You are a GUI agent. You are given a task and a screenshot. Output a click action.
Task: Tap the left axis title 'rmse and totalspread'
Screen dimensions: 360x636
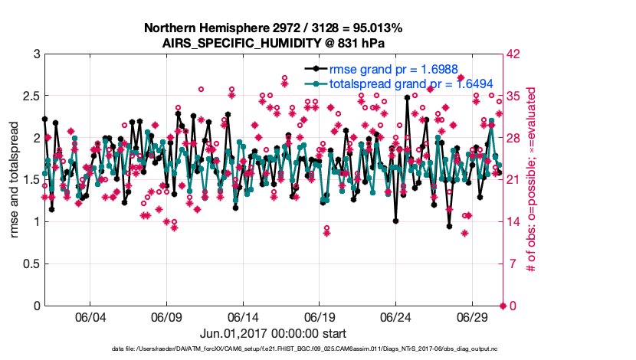point(15,180)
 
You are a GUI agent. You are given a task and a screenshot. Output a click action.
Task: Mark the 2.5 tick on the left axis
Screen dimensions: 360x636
point(29,97)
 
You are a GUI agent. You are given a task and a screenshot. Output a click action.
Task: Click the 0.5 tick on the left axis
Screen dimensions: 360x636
point(29,264)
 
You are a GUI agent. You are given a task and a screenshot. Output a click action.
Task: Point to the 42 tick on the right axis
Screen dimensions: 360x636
point(513,54)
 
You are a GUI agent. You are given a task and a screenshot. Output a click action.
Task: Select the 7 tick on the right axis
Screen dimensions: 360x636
point(510,264)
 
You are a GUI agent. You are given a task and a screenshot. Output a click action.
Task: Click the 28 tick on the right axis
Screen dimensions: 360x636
point(513,139)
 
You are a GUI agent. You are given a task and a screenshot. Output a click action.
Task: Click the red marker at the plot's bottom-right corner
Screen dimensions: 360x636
point(503,306)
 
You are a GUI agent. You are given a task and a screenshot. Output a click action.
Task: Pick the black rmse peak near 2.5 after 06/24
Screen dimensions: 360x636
point(407,98)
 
